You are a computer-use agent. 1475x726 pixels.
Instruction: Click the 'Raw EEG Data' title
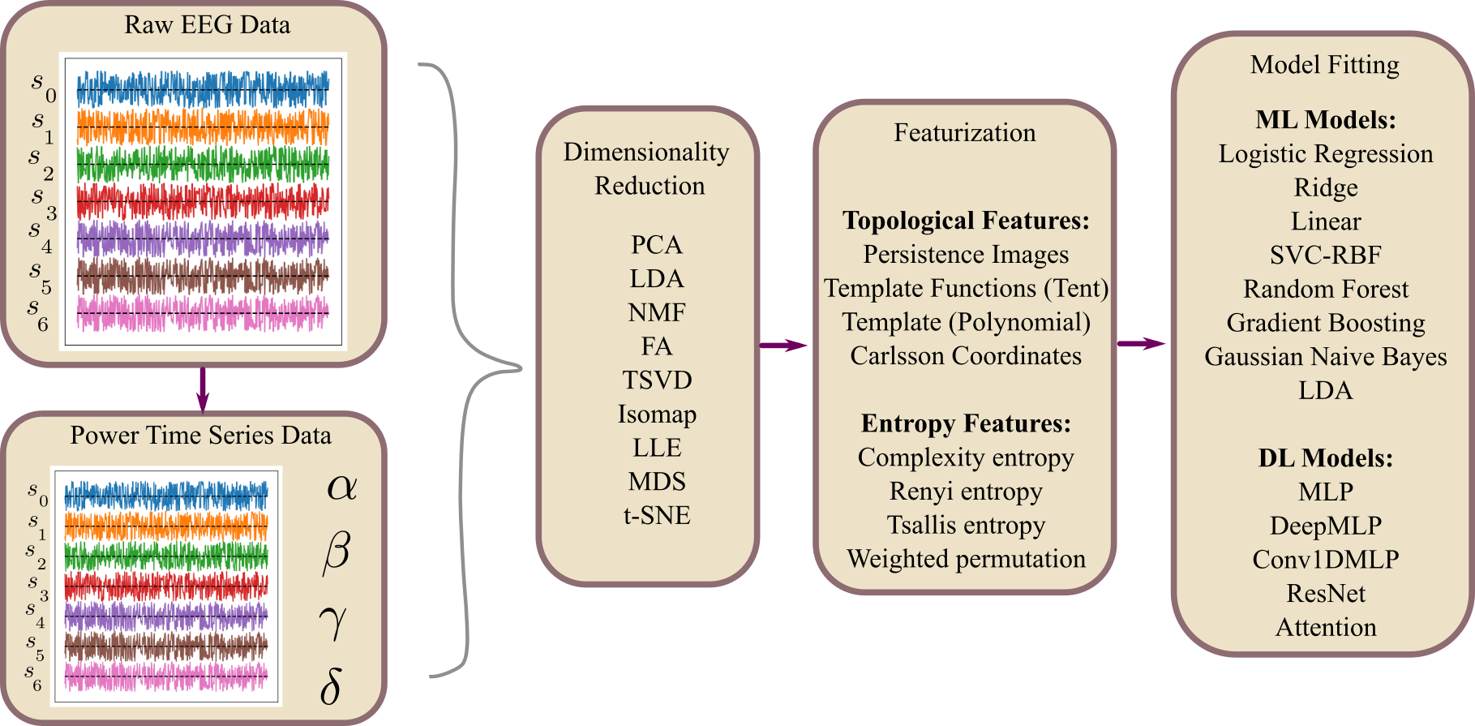(x=207, y=25)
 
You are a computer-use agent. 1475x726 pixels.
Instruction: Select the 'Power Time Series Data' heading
(x=200, y=436)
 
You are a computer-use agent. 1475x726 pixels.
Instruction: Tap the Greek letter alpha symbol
(x=341, y=487)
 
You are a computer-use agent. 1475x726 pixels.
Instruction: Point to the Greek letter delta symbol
(x=331, y=686)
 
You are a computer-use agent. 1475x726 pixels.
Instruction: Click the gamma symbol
(x=332, y=621)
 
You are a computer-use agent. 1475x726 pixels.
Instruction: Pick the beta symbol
(x=337, y=553)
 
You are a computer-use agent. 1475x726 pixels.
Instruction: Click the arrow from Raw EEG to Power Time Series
(x=203, y=389)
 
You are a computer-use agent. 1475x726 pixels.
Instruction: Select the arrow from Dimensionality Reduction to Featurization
(x=784, y=346)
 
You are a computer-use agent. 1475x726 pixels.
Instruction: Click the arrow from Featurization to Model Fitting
(x=1142, y=344)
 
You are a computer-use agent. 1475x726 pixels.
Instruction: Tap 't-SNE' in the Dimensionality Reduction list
(x=657, y=516)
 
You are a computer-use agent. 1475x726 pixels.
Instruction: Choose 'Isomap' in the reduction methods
(x=657, y=415)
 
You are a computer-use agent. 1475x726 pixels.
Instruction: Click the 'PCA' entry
(x=657, y=245)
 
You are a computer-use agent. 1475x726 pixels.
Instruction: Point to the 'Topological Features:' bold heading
(x=966, y=221)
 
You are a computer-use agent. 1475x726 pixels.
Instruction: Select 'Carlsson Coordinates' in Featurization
(x=966, y=356)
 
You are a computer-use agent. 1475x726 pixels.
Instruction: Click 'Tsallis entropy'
(x=966, y=526)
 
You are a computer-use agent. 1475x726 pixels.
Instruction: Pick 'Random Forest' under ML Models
(x=1326, y=290)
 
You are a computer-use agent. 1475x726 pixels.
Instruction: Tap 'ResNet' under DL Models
(x=1326, y=594)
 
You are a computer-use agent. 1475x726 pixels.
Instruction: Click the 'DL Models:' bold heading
(x=1326, y=458)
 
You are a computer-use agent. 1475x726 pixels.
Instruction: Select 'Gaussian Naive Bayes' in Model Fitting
(x=1326, y=357)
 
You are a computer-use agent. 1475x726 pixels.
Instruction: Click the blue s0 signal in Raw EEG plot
(x=203, y=88)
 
